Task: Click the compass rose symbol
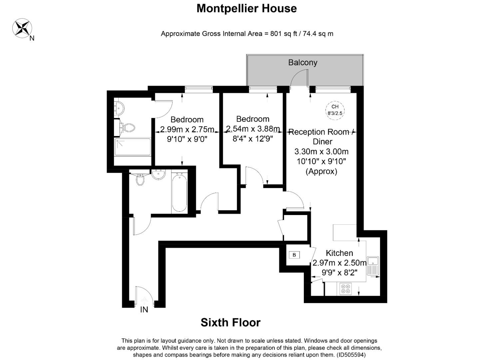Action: tap(22, 28)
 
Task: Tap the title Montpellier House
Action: tap(247, 9)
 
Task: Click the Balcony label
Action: tap(302, 62)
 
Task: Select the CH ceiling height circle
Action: tap(335, 110)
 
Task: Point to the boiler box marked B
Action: tap(294, 255)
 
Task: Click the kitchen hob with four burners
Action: tap(345, 289)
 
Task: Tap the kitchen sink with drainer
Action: tap(373, 266)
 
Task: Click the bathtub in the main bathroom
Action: tap(179, 192)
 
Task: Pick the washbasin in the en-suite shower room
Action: tap(119, 108)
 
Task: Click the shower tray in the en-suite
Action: tap(132, 147)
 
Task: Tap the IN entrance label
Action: tap(144, 310)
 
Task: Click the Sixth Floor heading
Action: tap(231, 322)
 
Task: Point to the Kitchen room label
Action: tap(339, 253)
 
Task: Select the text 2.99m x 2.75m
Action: tap(187, 129)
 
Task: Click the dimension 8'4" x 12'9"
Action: tap(253, 139)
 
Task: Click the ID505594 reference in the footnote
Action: tap(351, 355)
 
